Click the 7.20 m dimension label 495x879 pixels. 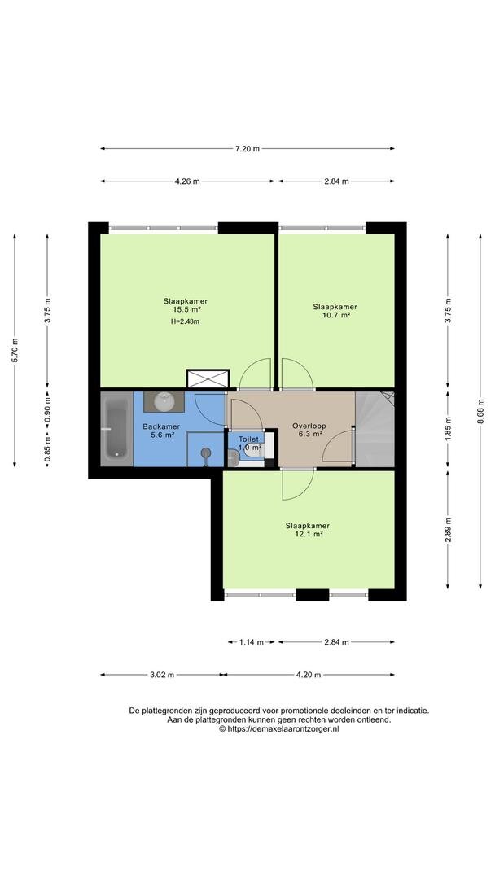pyautogui.click(x=247, y=149)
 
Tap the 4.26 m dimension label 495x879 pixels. pyautogui.click(x=187, y=181)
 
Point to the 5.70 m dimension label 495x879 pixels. pyautogui.click(x=15, y=350)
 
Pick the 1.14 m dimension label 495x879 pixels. pyautogui.click(x=252, y=642)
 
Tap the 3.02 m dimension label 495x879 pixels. pyautogui.click(x=162, y=675)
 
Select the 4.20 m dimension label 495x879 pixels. pyautogui.click(x=309, y=675)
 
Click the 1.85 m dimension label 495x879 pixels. pyautogui.click(x=447, y=428)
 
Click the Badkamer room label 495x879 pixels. pyautogui.click(x=161, y=426)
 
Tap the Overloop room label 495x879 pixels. pyautogui.click(x=309, y=426)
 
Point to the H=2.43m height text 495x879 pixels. pyautogui.click(x=186, y=321)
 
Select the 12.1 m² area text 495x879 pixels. pyautogui.click(x=307, y=534)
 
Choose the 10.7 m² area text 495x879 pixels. pyautogui.click(x=335, y=315)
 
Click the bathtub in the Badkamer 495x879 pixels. pyautogui.click(x=116, y=429)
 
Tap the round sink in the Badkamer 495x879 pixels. pyautogui.click(x=164, y=400)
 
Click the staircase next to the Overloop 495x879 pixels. pyautogui.click(x=375, y=429)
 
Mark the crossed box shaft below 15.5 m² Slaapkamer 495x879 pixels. pyautogui.click(x=208, y=378)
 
